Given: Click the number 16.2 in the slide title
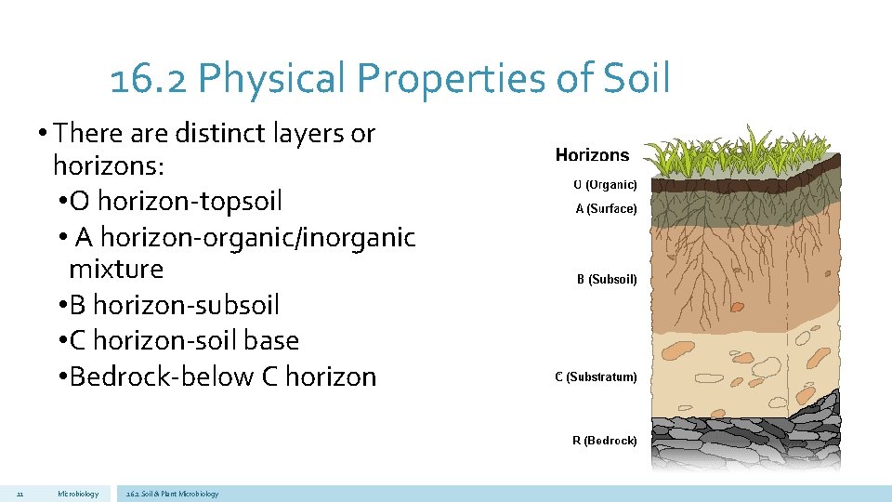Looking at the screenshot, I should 149,80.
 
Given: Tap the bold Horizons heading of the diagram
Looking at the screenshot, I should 592,155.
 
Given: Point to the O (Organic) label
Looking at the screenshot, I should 605,185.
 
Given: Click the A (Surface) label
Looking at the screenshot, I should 606,209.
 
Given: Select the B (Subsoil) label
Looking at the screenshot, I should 607,279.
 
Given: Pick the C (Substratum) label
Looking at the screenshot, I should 596,377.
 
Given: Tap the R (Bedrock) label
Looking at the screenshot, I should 604,441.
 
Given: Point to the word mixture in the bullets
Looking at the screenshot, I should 116,270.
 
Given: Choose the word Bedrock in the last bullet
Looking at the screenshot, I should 115,376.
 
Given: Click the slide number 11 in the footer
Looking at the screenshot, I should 20,494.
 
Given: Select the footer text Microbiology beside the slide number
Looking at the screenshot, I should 77,494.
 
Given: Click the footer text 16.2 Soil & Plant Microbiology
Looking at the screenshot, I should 172,494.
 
